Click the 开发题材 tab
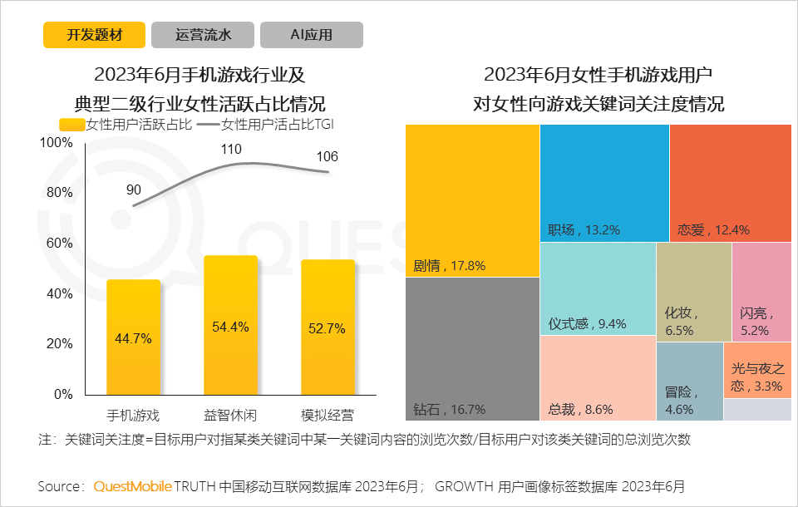(x=94, y=35)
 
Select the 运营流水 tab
(x=203, y=35)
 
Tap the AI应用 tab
(x=311, y=35)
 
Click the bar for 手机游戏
(x=134, y=337)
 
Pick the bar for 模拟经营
(x=328, y=327)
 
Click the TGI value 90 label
(x=134, y=190)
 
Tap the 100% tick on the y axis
(x=57, y=143)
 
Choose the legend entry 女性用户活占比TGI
(x=283, y=125)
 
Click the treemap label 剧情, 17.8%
(x=449, y=267)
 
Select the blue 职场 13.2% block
(x=604, y=183)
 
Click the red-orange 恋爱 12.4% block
(x=730, y=183)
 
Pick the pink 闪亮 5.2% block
(x=761, y=292)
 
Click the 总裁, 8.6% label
(x=580, y=409)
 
